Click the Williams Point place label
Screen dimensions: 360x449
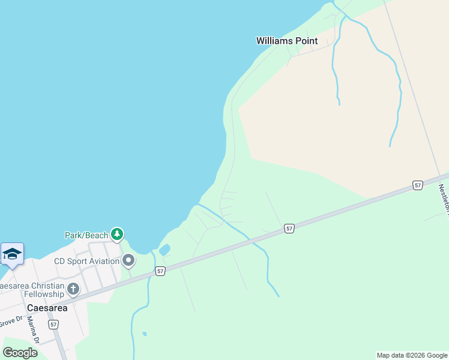click(287, 41)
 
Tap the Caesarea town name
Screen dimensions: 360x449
click(47, 308)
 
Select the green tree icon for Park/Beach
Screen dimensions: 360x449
click(118, 234)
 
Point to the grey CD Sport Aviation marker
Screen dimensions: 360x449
click(128, 261)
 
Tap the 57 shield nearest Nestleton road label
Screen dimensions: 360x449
click(418, 185)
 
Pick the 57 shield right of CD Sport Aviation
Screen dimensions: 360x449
click(160, 272)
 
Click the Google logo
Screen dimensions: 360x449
click(20, 353)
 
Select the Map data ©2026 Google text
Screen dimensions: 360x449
click(412, 355)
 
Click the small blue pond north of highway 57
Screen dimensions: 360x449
click(164, 250)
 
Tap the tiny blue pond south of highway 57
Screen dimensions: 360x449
click(145, 334)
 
